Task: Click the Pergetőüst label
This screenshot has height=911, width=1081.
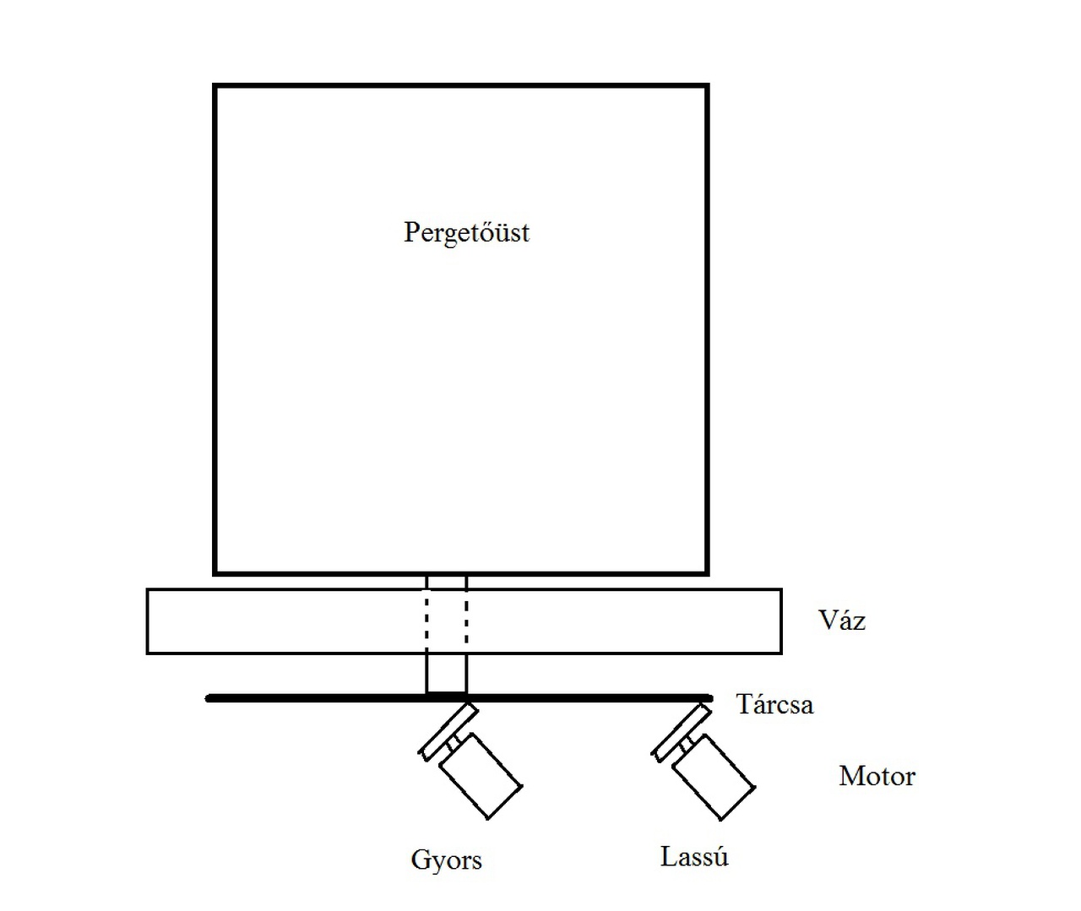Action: pyautogui.click(x=466, y=232)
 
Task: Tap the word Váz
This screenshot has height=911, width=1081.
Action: pyautogui.click(x=842, y=621)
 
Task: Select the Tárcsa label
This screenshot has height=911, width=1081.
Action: pyautogui.click(x=774, y=704)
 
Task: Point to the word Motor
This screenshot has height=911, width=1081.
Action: pyautogui.click(x=877, y=776)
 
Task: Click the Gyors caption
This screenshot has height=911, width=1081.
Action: pyautogui.click(x=446, y=860)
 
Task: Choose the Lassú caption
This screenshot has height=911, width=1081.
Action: pyautogui.click(x=694, y=857)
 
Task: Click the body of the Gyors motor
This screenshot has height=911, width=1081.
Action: pyautogui.click(x=480, y=776)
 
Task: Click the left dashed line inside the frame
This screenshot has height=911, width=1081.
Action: pyautogui.click(x=427, y=621)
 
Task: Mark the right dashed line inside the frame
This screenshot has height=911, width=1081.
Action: pyautogui.click(x=465, y=621)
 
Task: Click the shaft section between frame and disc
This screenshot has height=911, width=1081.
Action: pyautogui.click(x=446, y=674)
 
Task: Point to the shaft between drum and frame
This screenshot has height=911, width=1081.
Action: pyautogui.click(x=446, y=582)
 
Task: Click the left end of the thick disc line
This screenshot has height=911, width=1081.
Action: pyautogui.click(x=210, y=698)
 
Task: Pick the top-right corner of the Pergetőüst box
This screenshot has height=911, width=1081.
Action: pyautogui.click(x=707, y=86)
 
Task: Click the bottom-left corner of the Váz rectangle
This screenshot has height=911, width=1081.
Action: pyautogui.click(x=148, y=653)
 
